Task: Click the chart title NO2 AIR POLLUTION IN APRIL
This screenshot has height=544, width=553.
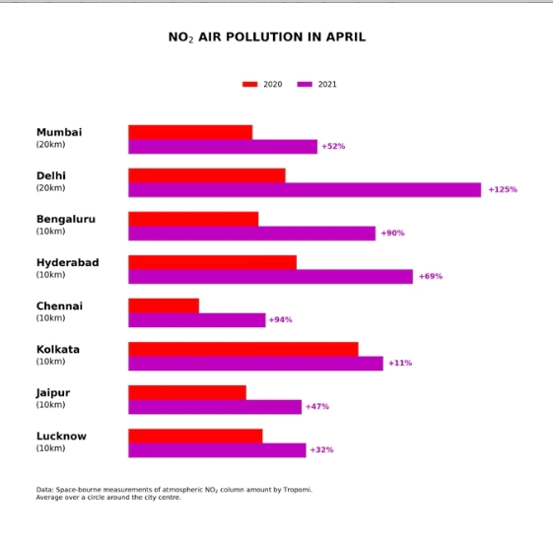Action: click(x=267, y=37)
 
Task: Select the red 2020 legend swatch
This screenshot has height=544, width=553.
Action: click(x=249, y=85)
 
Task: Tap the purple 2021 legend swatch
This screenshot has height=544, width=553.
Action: click(x=305, y=85)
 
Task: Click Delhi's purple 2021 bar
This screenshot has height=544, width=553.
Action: click(x=305, y=190)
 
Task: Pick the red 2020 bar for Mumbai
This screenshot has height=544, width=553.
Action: click(x=190, y=132)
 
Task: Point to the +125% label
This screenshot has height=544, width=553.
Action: click(x=503, y=189)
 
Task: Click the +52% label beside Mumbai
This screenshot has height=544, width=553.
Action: click(x=333, y=146)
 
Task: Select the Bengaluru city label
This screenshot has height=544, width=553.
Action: click(x=66, y=220)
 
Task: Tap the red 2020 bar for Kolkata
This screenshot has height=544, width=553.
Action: click(x=243, y=349)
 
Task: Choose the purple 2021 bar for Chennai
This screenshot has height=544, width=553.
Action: click(x=197, y=320)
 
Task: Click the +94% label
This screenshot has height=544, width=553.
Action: click(x=280, y=319)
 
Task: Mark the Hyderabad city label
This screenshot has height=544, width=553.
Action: click(x=68, y=263)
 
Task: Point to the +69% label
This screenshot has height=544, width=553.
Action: click(x=431, y=276)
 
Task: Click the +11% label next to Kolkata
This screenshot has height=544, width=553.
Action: click(x=400, y=363)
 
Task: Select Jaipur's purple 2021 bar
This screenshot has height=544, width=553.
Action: click(x=215, y=407)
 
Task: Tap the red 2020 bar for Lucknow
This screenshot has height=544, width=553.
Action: click(x=195, y=437)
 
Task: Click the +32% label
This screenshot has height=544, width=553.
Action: click(x=321, y=449)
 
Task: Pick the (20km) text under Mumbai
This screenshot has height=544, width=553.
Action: click(x=50, y=145)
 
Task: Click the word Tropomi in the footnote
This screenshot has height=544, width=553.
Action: click(x=298, y=490)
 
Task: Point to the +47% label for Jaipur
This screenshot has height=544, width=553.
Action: click(x=317, y=406)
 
